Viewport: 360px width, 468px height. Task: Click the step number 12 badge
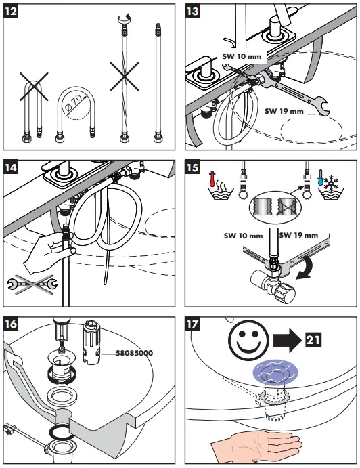tap(10, 12)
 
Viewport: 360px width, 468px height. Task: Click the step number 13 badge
tap(192, 12)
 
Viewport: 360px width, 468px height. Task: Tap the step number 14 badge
tap(10, 167)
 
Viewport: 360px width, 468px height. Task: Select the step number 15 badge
tap(192, 167)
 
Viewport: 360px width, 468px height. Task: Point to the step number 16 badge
tap(10, 324)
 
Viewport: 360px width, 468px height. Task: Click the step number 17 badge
tap(192, 324)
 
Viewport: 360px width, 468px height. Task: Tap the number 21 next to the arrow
tap(313, 340)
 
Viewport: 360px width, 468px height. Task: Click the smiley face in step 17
tap(248, 340)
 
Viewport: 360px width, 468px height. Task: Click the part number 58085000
tap(135, 353)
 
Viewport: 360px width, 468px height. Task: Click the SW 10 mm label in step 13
tap(242, 56)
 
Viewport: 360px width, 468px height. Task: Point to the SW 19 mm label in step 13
tap(284, 111)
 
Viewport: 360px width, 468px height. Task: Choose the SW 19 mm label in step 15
tap(298, 235)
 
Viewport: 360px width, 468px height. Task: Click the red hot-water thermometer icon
tap(212, 179)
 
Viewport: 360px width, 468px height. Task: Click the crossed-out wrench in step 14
tap(32, 284)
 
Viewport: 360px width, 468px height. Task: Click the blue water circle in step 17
tap(275, 373)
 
